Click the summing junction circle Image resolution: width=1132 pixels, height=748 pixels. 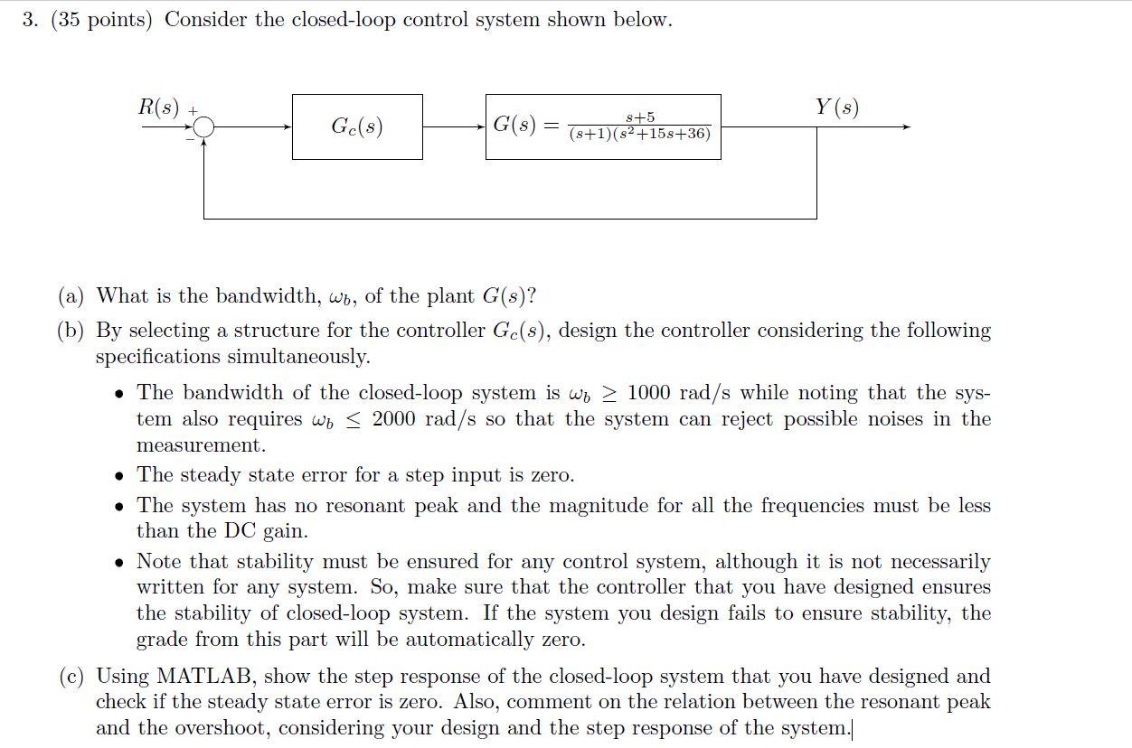[204, 127]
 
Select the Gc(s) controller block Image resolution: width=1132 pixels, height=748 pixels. [357, 127]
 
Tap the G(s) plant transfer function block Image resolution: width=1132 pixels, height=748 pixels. [603, 127]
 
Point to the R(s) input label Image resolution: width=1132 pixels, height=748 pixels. [158, 107]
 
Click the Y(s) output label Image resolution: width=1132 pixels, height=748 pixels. [836, 108]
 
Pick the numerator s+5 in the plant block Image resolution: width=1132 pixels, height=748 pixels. [640, 117]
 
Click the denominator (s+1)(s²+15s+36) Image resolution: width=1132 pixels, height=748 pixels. [640, 135]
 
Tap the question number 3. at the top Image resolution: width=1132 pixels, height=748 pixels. [32, 20]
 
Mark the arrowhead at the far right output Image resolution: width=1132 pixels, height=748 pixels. [905, 127]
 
